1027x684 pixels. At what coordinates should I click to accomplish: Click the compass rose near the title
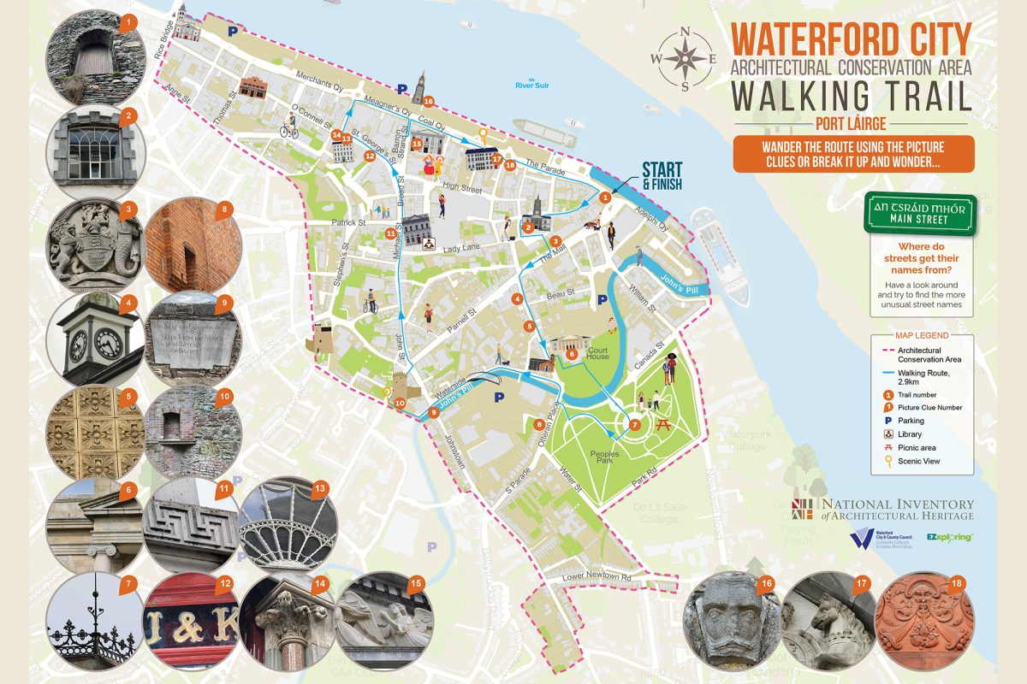[x=686, y=58]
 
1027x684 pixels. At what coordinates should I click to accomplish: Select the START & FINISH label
[x=667, y=173]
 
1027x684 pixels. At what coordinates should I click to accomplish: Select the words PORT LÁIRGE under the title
[x=852, y=121]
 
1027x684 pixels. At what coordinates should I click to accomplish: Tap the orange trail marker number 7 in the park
[x=634, y=424]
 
